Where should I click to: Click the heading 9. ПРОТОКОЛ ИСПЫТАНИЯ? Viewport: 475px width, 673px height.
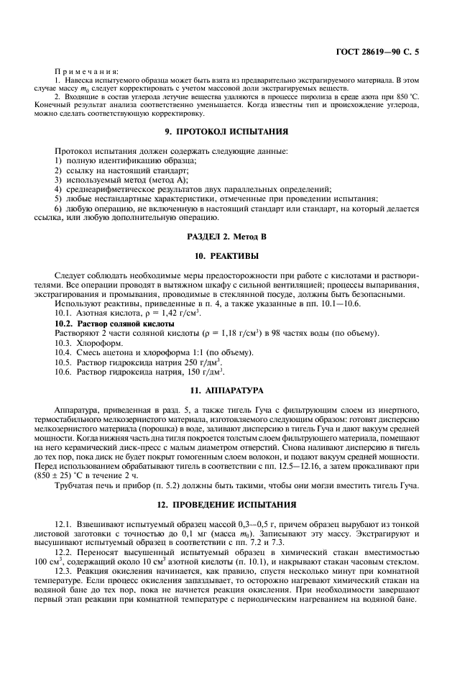pos(237,132)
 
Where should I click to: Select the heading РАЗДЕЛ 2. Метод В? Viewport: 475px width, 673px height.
pos(237,237)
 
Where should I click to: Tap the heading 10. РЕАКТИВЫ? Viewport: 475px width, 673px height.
pos(237,255)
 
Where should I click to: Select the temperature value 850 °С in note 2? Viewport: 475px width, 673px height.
pos(404,95)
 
